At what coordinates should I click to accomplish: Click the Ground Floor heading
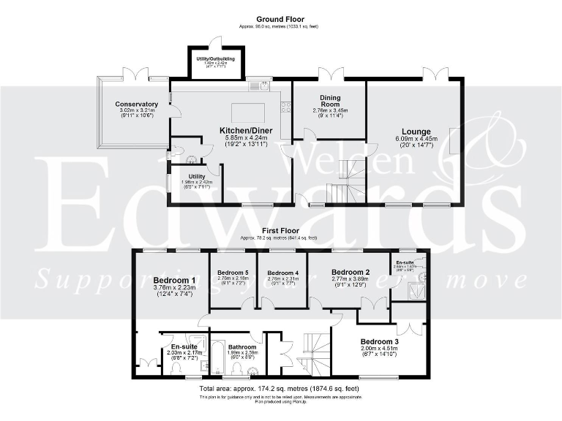[x=280, y=19]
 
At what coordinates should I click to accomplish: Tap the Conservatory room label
[x=136, y=105]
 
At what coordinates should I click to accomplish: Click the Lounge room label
[x=416, y=132]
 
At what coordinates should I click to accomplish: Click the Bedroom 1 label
[x=174, y=280]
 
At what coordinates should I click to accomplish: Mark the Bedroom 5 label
[x=233, y=273]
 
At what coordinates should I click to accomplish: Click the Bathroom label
[x=241, y=347]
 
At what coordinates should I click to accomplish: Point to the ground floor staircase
[x=344, y=183]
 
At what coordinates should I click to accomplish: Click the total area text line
[x=280, y=389]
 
